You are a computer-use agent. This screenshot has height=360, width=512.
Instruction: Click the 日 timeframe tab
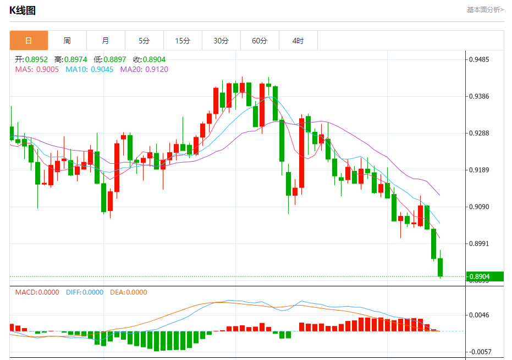coord(29,41)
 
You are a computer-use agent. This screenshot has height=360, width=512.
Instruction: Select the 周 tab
coord(67,41)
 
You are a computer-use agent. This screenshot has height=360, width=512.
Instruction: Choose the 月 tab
coord(106,41)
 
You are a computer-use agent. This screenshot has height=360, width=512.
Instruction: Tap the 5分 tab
coord(144,41)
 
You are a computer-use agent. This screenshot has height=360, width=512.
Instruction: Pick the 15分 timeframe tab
coord(183,41)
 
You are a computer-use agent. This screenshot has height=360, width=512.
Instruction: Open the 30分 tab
coord(221,41)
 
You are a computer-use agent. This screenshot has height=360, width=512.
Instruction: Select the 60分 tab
coord(260,41)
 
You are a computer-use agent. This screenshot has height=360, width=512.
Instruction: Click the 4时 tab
coord(298,41)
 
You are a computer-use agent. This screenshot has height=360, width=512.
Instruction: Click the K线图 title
coord(23,9)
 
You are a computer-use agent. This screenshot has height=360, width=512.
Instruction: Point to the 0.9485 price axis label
coord(478,59)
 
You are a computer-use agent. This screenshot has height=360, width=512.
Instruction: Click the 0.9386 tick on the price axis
coord(478,96)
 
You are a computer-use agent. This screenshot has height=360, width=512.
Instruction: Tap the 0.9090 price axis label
coord(478,207)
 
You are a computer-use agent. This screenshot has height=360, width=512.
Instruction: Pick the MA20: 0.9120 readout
coord(144,69)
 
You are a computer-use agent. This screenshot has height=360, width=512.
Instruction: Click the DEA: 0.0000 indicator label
coord(129,292)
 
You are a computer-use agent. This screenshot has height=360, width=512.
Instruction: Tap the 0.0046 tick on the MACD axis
coord(478,315)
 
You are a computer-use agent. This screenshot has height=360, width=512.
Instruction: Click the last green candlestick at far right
coord(441,267)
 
